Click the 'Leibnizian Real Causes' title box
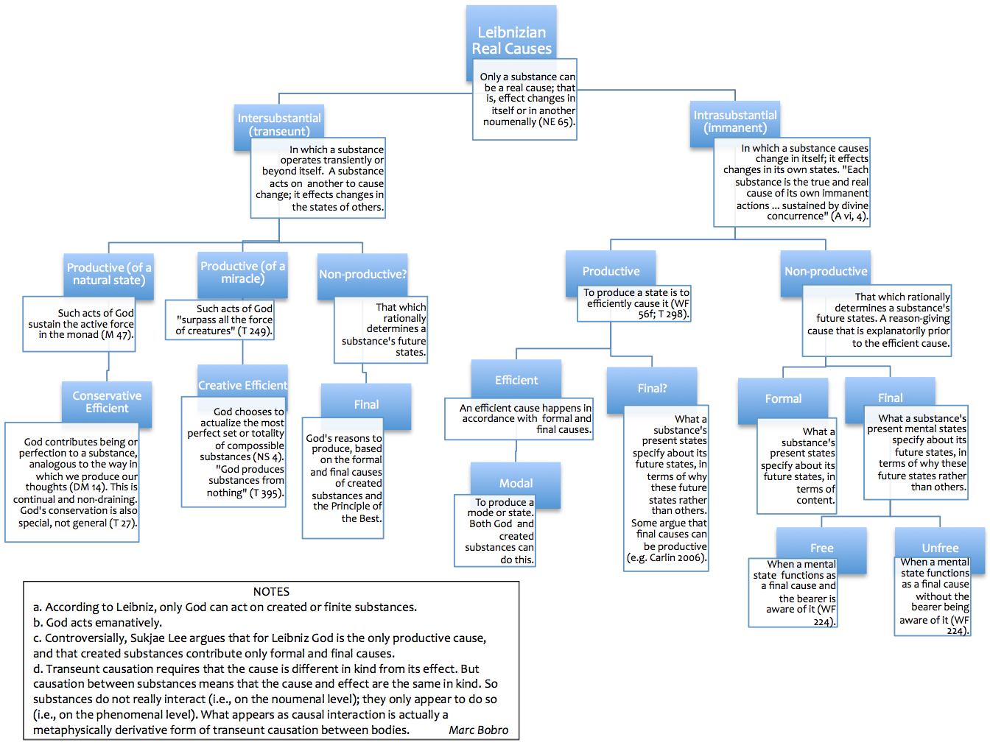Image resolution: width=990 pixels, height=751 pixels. [x=511, y=40]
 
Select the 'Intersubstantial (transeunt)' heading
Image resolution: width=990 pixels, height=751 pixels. [x=279, y=124]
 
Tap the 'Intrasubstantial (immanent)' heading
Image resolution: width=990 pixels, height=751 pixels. [x=734, y=121]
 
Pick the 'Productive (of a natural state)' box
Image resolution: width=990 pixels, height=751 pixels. [x=109, y=274]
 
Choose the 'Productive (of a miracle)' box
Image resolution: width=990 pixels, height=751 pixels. [x=242, y=272]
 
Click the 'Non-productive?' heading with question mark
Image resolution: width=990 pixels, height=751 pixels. [x=362, y=275]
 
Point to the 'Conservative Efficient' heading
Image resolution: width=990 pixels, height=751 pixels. [x=107, y=402]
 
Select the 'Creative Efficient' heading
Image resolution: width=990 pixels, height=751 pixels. [x=242, y=385]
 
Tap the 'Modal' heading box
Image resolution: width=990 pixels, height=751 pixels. [x=516, y=483]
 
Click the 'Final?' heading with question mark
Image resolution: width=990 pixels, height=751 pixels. [x=652, y=388]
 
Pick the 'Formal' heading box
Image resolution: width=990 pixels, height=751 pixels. [x=782, y=398]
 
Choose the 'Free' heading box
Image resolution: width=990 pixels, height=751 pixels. [x=821, y=548]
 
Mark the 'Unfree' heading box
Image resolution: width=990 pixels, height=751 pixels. [x=940, y=548]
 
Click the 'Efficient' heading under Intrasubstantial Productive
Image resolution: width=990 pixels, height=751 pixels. [x=516, y=380]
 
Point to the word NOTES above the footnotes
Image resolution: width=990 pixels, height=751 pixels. [x=271, y=592]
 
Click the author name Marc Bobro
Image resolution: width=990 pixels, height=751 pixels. [x=478, y=730]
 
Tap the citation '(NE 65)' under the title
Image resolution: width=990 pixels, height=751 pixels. [x=556, y=122]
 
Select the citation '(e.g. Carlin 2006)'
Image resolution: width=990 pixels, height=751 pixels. [x=667, y=558]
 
